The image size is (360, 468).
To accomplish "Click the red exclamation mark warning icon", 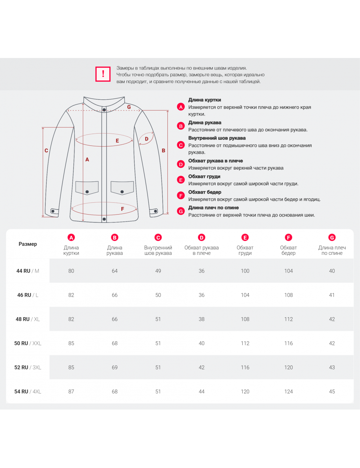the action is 103,74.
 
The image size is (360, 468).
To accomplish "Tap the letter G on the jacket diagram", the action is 129,107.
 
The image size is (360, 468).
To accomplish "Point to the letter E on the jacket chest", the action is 117,141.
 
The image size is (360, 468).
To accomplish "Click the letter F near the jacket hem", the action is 122,209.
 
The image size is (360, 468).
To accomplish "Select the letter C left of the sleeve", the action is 46,150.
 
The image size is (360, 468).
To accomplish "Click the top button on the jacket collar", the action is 104,110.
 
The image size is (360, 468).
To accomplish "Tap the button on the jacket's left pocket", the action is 87,192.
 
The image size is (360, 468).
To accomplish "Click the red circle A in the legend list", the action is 181,107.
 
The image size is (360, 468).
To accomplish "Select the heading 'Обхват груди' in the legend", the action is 204,176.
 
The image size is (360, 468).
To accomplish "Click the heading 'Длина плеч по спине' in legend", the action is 213,208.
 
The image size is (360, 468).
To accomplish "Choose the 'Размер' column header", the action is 28,244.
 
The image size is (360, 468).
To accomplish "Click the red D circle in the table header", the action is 202,238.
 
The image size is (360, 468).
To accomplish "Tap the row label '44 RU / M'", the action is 28,271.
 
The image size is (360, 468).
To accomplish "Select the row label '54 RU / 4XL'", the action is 28,392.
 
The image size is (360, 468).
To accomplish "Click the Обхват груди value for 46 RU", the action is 245,295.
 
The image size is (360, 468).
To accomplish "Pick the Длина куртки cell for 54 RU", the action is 71,392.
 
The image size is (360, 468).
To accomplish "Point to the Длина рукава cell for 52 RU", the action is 115,368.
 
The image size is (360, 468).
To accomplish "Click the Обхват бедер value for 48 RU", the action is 288,319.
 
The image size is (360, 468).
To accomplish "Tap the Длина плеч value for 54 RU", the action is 332,392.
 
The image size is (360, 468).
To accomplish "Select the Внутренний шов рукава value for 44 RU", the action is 158,271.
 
